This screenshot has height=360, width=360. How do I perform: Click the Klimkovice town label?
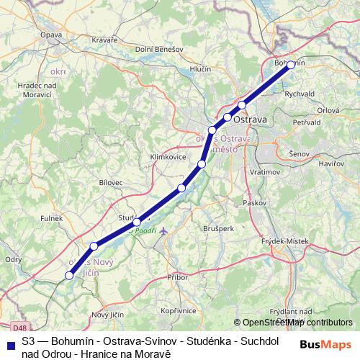(167, 156)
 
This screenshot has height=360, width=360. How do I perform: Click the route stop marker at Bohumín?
(291, 65)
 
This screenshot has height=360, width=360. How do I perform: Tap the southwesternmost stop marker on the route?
(70, 275)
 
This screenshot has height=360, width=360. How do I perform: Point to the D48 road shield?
(9, 307)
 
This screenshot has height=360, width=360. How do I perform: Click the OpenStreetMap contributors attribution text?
(297, 323)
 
